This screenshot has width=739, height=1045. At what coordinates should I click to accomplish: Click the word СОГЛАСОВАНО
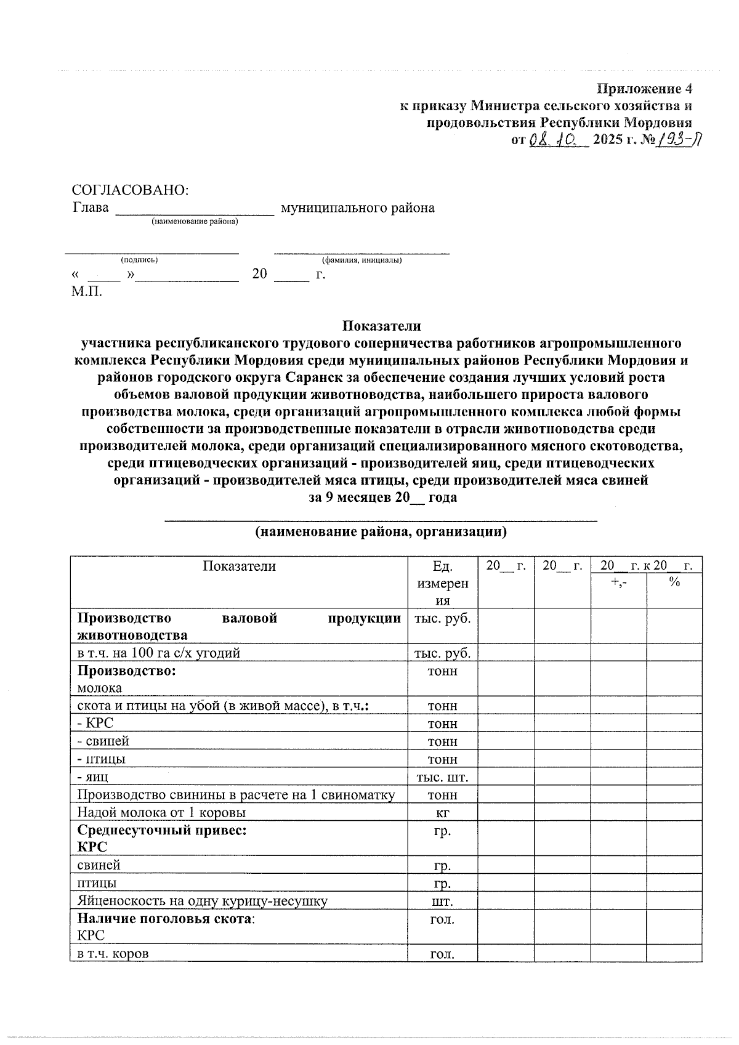(130, 190)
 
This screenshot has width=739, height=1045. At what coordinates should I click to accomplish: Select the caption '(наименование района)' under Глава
(195, 222)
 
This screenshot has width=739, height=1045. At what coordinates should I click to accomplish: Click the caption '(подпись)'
(139, 260)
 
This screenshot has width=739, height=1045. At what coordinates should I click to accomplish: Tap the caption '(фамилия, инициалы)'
(361, 260)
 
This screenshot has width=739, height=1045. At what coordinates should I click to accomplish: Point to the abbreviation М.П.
(86, 291)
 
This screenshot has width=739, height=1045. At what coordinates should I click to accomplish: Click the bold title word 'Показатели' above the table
(381, 325)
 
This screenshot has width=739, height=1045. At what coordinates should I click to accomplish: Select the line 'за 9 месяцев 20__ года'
(382, 498)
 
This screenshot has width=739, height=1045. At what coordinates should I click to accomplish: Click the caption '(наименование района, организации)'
(381, 531)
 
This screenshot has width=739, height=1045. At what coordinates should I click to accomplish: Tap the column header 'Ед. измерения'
(442, 583)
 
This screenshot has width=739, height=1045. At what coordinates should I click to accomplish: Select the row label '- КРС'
(95, 723)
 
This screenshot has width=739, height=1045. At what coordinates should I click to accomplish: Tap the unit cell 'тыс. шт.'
(442, 777)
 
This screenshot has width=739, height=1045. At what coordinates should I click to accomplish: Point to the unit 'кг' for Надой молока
(442, 812)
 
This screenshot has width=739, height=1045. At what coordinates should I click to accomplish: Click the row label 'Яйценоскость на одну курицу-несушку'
(202, 901)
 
